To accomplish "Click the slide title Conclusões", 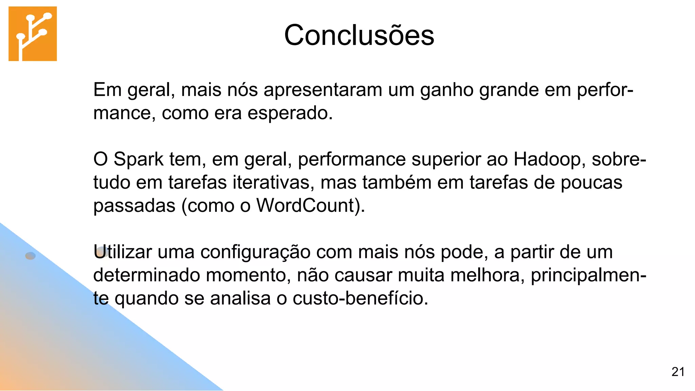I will coord(359,35).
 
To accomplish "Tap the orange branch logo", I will coord(33,34).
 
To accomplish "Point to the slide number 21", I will coord(678,372).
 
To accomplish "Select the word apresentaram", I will coord(323,90).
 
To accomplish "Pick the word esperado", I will coord(290,113).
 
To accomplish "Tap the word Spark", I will coord(138,159).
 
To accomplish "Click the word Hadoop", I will coord(549,160).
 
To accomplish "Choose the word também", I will coord(397,182).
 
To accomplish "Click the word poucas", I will coord(591,183).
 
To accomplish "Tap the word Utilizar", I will coord(123,252).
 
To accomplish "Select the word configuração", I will coord(255,253).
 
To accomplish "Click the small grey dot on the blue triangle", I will coord(31,256).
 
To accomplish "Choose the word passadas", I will coord(134,206).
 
